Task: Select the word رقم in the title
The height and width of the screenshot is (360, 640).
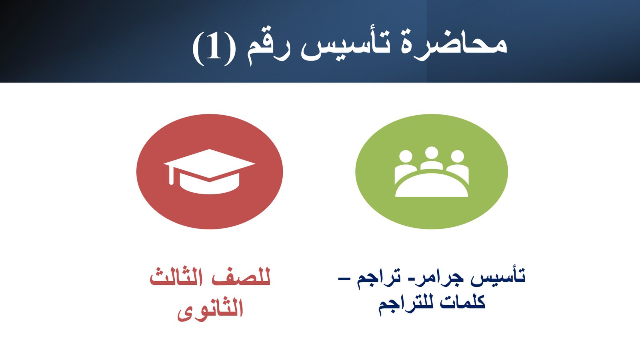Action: (x=268, y=48)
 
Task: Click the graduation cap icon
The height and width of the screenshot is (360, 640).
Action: (x=210, y=172)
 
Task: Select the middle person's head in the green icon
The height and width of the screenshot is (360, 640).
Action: (x=432, y=153)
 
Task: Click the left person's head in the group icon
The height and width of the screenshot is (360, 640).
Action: (x=406, y=156)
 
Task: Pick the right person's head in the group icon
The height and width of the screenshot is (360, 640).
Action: (x=457, y=156)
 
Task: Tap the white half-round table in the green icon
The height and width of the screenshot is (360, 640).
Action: (x=432, y=186)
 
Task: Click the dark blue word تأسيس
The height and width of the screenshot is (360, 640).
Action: (x=498, y=276)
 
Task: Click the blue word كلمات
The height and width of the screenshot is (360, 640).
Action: (x=463, y=303)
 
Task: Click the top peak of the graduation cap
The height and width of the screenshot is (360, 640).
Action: (x=210, y=149)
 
